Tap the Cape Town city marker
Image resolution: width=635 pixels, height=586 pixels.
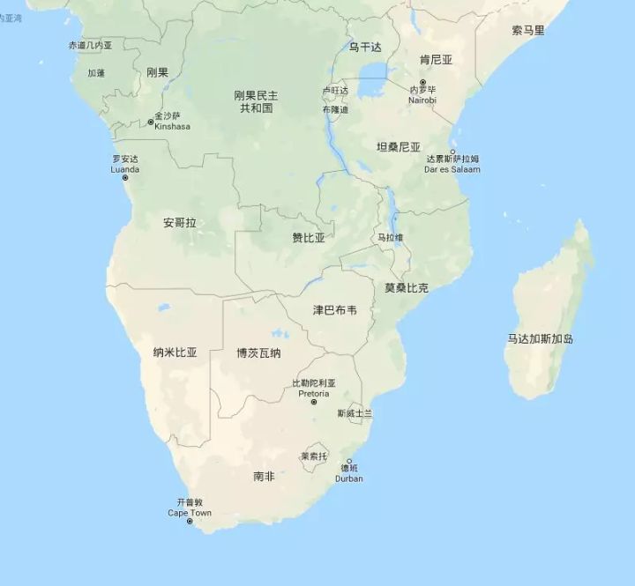pyautogui.click(x=190, y=522)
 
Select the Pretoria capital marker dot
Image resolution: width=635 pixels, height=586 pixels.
pyautogui.click(x=313, y=403)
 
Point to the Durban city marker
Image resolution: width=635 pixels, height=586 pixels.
pyautogui.click(x=348, y=462)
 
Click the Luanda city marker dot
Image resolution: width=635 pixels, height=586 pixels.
pyautogui.click(x=124, y=178)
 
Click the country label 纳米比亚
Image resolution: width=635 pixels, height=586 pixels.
pyautogui.click(x=175, y=352)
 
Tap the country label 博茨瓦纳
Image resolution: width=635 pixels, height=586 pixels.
pyautogui.click(x=258, y=353)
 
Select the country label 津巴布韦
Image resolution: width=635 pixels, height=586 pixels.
pyautogui.click(x=335, y=310)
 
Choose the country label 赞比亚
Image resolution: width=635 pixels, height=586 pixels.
pyautogui.click(x=309, y=238)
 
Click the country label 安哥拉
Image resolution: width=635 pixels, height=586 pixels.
pyautogui.click(x=180, y=223)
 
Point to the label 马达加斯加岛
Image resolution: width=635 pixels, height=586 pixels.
pyautogui.click(x=541, y=338)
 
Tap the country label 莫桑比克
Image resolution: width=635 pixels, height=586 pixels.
pyautogui.click(x=407, y=288)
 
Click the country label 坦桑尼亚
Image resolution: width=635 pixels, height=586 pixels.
pyautogui.click(x=399, y=146)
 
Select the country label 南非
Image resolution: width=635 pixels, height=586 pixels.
pyautogui.click(x=264, y=476)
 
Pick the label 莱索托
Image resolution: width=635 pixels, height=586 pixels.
pyautogui.click(x=313, y=456)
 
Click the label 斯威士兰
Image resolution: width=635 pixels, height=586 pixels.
pyautogui.click(x=355, y=412)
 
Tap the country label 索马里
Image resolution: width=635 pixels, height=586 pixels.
pyautogui.click(x=528, y=31)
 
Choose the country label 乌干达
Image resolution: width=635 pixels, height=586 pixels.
pyautogui.click(x=364, y=47)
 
